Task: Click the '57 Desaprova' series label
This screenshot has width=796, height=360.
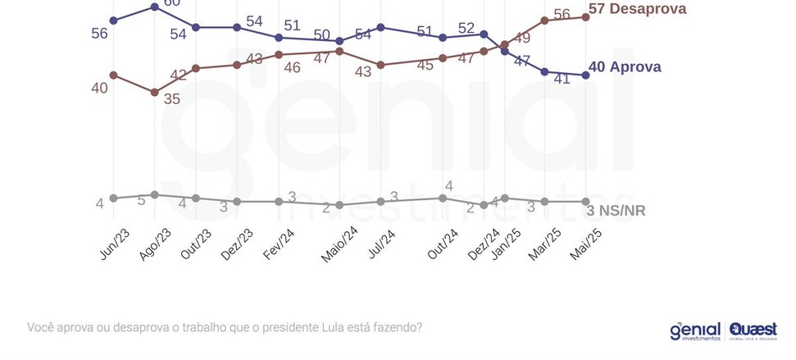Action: click(637, 10)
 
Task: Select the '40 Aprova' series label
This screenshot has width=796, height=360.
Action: click(625, 67)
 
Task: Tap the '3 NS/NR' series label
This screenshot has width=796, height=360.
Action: click(617, 211)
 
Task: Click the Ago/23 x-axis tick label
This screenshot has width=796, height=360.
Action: click(155, 244)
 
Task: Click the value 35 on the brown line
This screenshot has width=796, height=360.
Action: click(171, 98)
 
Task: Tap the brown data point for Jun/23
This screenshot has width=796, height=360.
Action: click(113, 75)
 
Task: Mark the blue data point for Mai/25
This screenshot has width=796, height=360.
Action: click(585, 75)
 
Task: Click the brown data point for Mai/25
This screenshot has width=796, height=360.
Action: click(585, 16)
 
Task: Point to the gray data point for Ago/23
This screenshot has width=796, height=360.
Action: click(154, 194)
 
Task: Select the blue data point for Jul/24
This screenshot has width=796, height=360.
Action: click(380, 27)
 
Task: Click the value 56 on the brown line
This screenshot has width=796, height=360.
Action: click(562, 14)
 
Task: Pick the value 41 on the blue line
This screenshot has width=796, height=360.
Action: click(562, 80)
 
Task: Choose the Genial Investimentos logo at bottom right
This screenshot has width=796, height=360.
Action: click(695, 330)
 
